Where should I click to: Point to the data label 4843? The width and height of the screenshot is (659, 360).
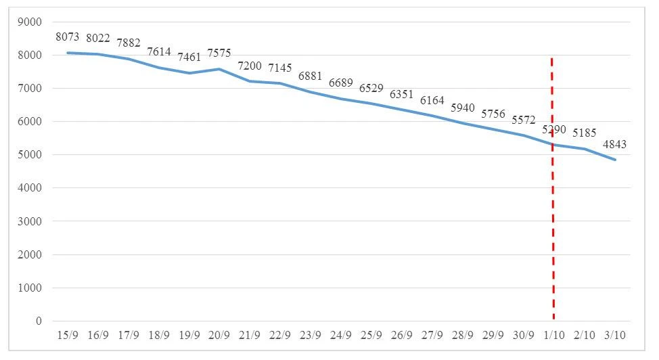614,143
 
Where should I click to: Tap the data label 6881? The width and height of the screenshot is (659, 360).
310,75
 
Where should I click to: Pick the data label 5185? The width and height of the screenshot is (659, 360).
584,133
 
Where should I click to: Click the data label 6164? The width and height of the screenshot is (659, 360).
432,100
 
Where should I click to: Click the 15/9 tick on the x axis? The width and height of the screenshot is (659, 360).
68,335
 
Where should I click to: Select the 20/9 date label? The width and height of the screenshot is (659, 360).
219,335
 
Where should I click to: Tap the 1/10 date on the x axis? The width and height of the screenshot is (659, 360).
553,335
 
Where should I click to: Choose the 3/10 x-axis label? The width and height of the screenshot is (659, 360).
614,335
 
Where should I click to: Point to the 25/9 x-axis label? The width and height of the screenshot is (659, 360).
371,335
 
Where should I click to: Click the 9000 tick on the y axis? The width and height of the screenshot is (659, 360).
29,22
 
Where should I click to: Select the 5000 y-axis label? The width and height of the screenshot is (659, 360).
29,155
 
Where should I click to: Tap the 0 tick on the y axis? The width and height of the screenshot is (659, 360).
39,321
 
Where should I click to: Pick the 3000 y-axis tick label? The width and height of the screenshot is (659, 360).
29,221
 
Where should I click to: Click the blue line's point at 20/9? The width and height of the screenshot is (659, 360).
219,69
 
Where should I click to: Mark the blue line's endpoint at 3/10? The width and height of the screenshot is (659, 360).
614,160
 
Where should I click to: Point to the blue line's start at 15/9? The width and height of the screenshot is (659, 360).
68,53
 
